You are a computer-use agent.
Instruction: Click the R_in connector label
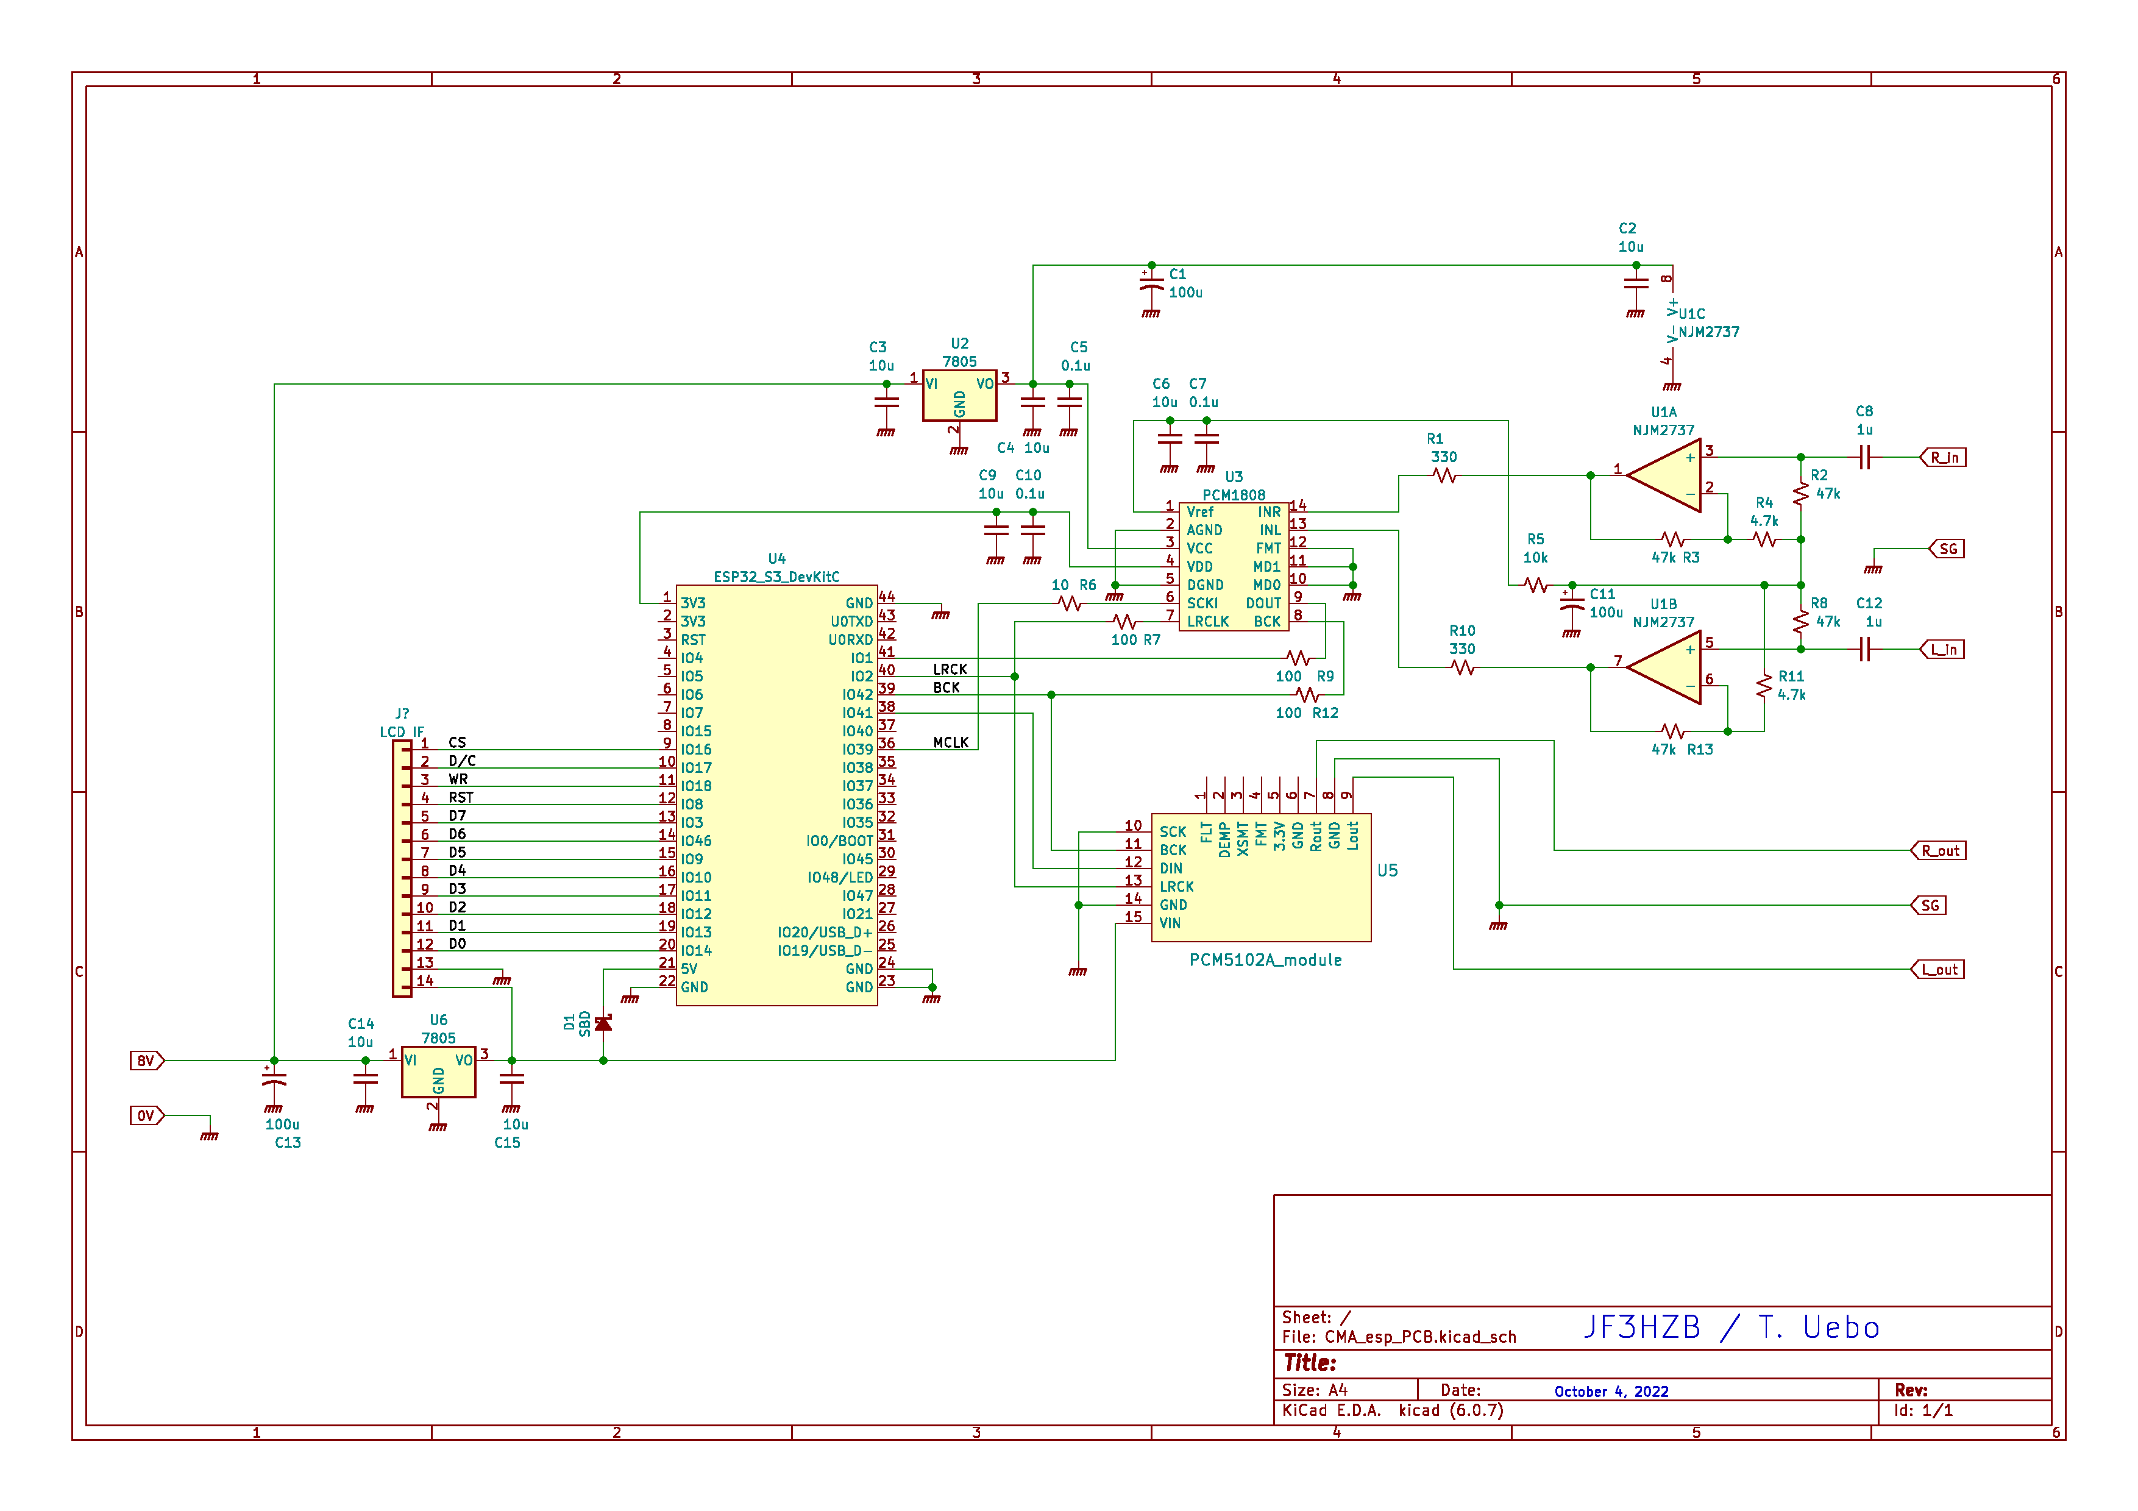click(1944, 457)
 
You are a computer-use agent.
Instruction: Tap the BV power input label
click(147, 1061)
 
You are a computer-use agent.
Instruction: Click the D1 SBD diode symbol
click(603, 1023)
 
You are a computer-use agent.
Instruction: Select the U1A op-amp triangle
click(1663, 476)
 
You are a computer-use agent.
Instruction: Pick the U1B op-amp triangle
click(1663, 667)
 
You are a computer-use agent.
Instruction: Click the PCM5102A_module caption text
click(1265, 960)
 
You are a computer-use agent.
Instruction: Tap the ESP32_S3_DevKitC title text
click(776, 577)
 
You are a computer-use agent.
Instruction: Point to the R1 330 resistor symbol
click(1444, 476)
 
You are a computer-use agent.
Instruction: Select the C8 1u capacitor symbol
click(1864, 457)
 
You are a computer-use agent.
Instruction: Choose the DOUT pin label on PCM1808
click(1263, 603)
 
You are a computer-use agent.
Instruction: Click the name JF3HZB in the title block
click(1642, 1327)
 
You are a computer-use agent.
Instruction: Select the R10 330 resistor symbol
click(1463, 667)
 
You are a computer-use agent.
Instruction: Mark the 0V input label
click(147, 1115)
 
